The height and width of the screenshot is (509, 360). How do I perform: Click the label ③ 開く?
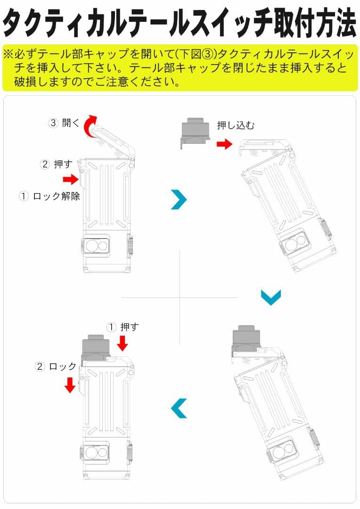(x=65, y=123)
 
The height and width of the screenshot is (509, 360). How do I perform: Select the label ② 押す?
(x=57, y=164)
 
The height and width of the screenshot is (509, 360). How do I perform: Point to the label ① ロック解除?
(x=49, y=196)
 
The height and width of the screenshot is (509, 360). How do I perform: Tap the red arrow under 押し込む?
(x=225, y=144)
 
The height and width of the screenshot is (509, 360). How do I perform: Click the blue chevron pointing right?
(x=179, y=199)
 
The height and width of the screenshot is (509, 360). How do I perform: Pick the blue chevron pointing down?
(x=271, y=297)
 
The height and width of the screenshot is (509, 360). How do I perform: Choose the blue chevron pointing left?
(x=179, y=408)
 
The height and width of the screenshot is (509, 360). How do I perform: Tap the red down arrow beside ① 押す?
(x=123, y=343)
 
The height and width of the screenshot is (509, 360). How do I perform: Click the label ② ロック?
(x=56, y=366)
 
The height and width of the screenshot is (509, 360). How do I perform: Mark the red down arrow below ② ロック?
(x=70, y=385)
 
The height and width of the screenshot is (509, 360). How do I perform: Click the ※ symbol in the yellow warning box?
(x=8, y=54)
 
